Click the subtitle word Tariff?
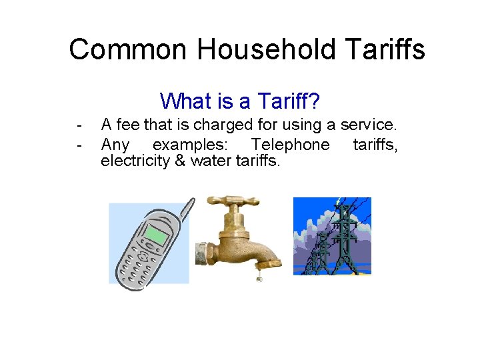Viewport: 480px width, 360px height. click(288, 101)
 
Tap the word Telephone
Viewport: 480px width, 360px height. click(290, 145)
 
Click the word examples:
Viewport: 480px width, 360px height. click(189, 145)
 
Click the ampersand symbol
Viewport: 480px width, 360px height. click(181, 161)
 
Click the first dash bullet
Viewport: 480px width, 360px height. click(79, 125)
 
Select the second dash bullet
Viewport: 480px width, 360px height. click(79, 145)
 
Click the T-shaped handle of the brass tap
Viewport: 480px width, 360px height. click(232, 201)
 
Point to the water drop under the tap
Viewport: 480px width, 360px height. click(259, 276)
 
